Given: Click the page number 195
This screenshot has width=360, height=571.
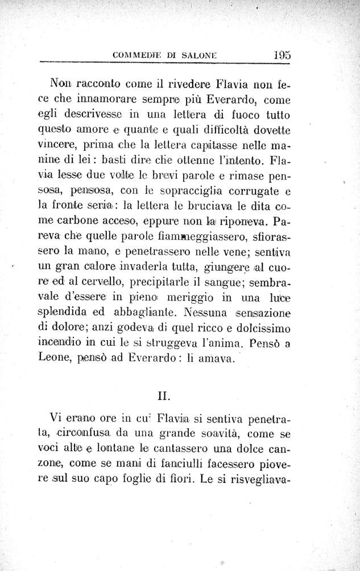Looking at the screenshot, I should (282, 56).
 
